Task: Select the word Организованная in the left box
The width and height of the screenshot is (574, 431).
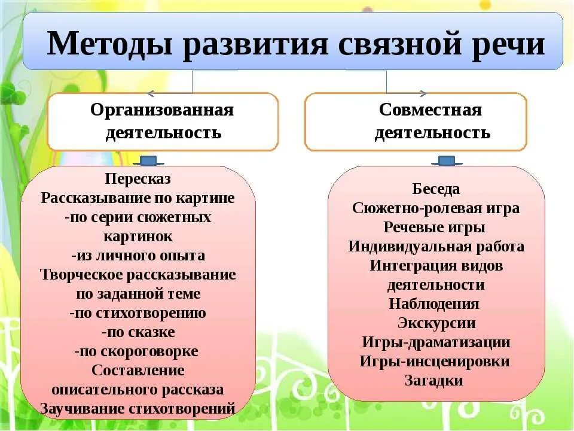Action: tap(162, 110)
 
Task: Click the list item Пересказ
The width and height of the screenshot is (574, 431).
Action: tap(138, 179)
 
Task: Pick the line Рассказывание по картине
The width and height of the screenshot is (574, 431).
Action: tap(138, 198)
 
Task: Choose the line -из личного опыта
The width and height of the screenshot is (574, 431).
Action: tap(138, 256)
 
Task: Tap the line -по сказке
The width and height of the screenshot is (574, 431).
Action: tap(138, 332)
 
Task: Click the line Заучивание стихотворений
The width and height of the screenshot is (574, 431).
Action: tap(138, 409)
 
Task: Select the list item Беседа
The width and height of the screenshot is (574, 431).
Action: tap(436, 189)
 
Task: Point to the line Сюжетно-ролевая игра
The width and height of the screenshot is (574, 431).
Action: tap(436, 208)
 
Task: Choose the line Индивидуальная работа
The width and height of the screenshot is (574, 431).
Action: tap(436, 247)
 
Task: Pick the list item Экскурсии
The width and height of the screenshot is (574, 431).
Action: tap(436, 323)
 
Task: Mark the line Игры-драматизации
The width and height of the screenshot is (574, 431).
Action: tap(436, 342)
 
